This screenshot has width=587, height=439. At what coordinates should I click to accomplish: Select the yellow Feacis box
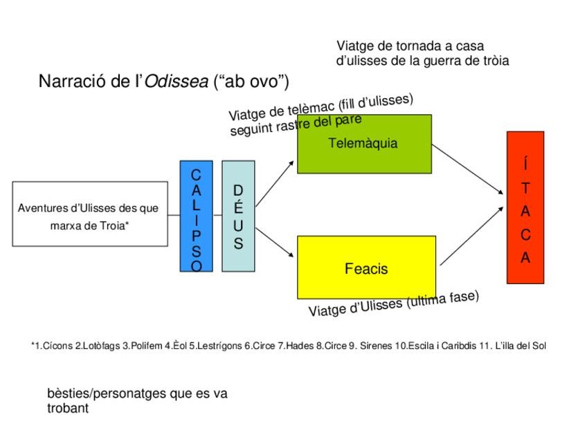[366, 268]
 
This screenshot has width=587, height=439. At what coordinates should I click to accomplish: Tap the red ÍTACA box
[525, 207]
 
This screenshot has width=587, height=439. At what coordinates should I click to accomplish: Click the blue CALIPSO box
[196, 216]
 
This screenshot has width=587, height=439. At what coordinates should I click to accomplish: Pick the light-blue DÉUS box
[238, 216]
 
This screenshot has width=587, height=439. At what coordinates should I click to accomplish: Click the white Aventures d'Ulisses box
[90, 214]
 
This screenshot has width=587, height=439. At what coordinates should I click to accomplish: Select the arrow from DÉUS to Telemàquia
[274, 183]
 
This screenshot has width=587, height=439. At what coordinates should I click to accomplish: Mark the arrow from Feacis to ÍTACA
[471, 235]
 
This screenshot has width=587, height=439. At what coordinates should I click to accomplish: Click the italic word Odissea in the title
[176, 82]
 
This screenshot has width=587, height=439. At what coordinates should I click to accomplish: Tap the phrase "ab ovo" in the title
[252, 82]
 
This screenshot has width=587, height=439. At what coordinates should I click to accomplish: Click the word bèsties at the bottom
[69, 393]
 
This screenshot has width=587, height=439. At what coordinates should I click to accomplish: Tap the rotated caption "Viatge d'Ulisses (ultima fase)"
[393, 303]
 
